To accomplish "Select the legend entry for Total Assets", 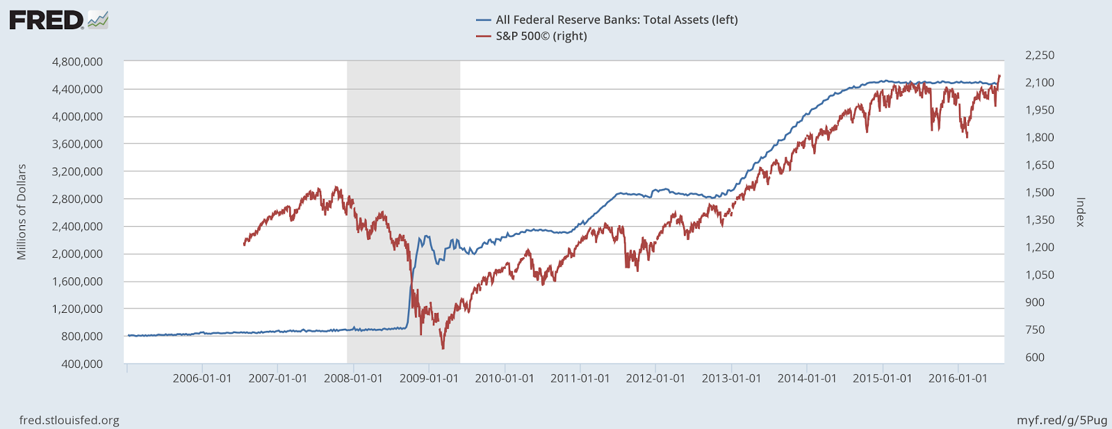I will point(616,20).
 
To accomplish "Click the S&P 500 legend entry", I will point(541,36).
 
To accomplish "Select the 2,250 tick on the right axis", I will point(1039,56).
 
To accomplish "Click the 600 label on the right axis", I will point(1035,357).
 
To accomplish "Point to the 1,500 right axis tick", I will point(1039,193).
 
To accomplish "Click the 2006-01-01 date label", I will point(202,379).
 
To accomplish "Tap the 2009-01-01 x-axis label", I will point(429,379).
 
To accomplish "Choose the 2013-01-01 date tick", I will point(731,379).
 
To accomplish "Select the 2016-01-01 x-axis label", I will point(958,379).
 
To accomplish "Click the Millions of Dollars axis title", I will point(22,212).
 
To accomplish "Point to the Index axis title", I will point(1080,212).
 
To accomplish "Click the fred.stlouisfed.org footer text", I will point(69,420).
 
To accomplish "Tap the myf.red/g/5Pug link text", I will point(1061,420).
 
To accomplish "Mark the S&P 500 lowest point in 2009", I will point(443,348).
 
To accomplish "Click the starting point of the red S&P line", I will point(244,245).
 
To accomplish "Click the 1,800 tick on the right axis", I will point(1039,138).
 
